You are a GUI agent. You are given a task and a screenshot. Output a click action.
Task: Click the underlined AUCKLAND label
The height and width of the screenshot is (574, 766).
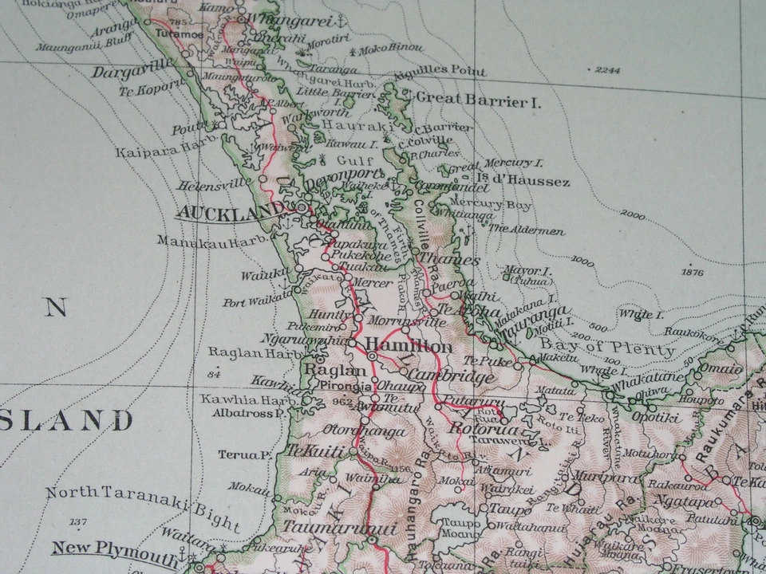[229, 212]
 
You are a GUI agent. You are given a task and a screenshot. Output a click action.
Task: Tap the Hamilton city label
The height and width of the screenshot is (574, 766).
[409, 347]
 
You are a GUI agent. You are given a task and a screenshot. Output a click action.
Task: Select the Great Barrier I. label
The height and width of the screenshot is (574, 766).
[472, 101]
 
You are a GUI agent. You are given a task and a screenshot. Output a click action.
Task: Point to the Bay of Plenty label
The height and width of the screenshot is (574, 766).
[607, 348]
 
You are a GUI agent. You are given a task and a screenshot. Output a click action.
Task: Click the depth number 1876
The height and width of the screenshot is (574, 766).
[693, 273]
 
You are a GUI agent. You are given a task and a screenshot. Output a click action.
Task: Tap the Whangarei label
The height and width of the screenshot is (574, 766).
[289, 18]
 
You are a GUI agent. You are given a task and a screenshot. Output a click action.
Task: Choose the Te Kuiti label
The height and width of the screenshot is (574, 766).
[314, 451]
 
